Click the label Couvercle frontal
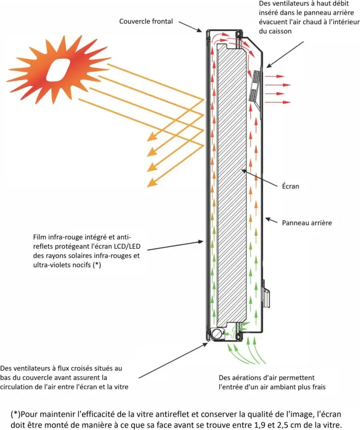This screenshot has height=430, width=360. click(x=146, y=21)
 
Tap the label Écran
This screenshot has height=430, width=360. click(x=290, y=186)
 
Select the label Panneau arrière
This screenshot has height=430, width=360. click(x=307, y=223)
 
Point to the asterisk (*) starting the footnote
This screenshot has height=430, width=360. click(x=16, y=414)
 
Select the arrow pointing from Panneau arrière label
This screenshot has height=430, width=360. click(x=272, y=220)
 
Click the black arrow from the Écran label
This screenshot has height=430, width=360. click(x=259, y=179)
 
